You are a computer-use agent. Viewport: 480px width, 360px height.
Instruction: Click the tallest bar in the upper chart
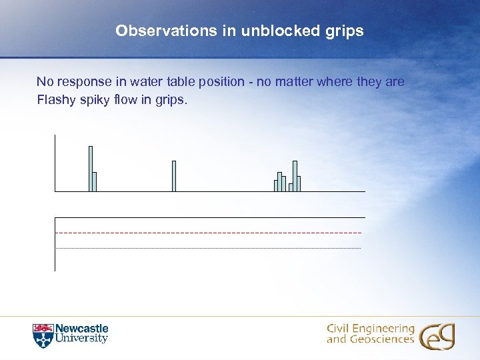pos(91,168)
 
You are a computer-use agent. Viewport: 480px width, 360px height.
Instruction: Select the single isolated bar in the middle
pos(174,176)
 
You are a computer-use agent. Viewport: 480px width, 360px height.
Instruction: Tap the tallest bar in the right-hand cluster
pos(295,176)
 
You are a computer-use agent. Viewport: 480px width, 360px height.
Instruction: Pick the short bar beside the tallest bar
pos(95,181)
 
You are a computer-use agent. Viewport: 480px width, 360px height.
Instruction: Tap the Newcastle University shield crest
pos(42,335)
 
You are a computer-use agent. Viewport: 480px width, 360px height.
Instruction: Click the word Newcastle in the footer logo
pos(81,329)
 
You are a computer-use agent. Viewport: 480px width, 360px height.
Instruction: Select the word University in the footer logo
pos(81,339)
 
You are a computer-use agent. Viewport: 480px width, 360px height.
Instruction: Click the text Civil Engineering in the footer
pos(371,329)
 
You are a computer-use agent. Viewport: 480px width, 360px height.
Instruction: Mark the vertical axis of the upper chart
pos(55,163)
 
